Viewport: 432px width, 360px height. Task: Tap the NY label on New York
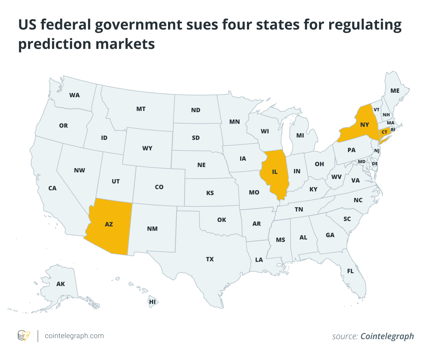[365, 125]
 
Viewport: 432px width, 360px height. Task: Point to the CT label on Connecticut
[384, 132]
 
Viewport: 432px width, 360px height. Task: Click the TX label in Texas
[210, 259]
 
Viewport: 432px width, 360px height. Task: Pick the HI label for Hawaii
[152, 302]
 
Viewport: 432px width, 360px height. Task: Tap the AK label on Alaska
[60, 284]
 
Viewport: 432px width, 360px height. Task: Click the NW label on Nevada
[80, 170]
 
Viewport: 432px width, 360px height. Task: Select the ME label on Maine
[395, 91]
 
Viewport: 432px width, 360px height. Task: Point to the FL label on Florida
[350, 271]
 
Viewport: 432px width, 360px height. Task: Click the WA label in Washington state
[74, 95]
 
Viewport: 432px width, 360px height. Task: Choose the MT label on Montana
[141, 109]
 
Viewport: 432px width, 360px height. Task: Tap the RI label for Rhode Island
[393, 130]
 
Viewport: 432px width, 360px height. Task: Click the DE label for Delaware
[375, 164]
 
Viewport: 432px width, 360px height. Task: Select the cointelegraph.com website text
[74, 336]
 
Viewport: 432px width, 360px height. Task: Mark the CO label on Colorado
[159, 187]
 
